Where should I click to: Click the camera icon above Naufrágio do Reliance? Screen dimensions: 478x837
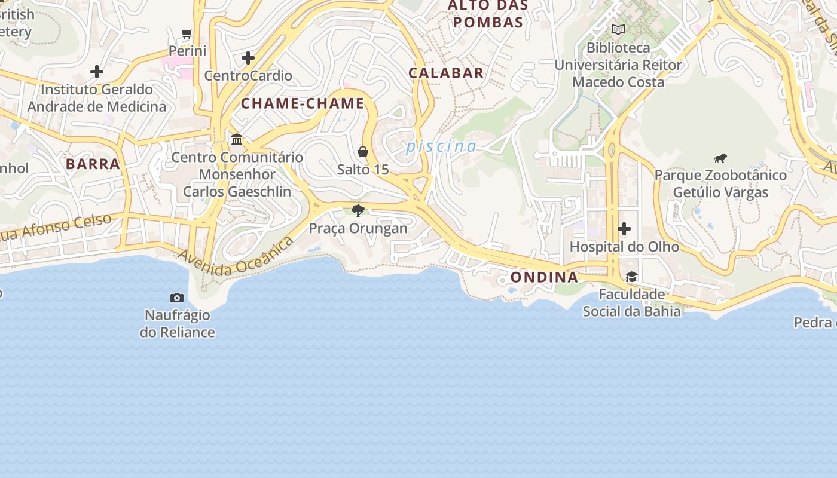[x=177, y=298]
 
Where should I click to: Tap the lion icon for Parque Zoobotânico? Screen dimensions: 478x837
[x=720, y=158]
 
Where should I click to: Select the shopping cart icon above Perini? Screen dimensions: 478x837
[x=187, y=33]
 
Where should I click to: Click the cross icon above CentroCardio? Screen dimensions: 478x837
[x=248, y=58]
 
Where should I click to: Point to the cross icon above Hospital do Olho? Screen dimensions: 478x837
[x=624, y=229]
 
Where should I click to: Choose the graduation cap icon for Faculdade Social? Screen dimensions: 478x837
[x=631, y=277]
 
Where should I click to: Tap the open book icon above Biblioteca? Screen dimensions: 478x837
[x=618, y=29]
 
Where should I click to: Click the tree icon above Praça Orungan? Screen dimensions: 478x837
[x=358, y=210]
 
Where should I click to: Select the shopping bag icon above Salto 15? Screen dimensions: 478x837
[x=363, y=152]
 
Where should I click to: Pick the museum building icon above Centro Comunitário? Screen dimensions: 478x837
[x=237, y=139]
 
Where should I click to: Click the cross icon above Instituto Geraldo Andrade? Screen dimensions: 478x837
[x=97, y=72]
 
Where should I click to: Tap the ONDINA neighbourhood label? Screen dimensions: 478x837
[x=544, y=277]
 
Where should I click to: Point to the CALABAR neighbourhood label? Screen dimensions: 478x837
[x=446, y=73]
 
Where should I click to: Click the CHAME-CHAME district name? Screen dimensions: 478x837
[x=303, y=103]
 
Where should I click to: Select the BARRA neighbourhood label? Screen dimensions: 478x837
[x=93, y=164]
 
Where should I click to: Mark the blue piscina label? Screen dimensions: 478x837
[x=441, y=146]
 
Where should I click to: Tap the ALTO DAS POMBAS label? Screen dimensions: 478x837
[x=488, y=14]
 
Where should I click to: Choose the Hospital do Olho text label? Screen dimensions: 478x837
[x=624, y=247]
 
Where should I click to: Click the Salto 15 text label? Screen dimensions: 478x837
[x=363, y=170]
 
